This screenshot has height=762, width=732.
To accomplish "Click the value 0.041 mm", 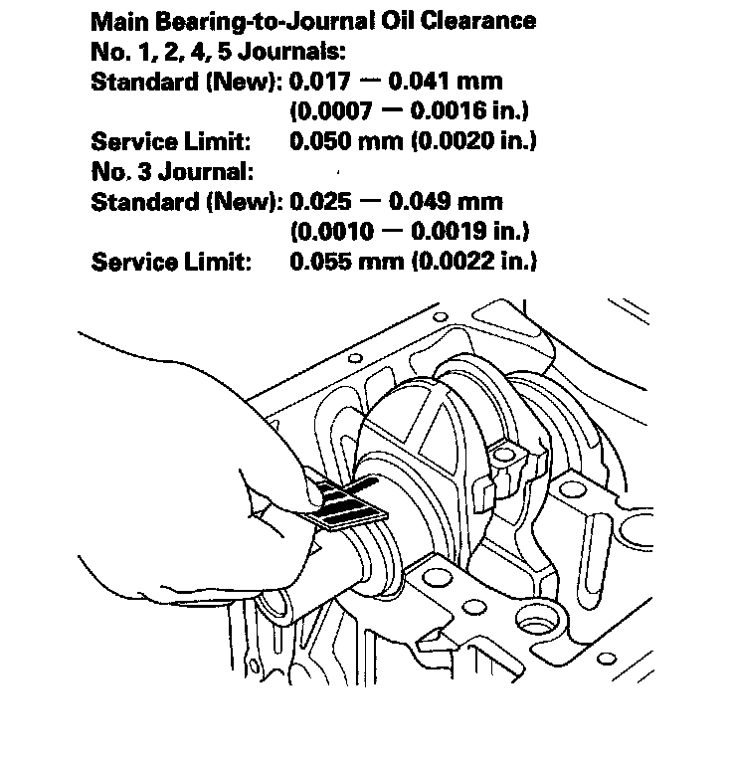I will point(447,81).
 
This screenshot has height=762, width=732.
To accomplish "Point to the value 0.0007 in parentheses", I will point(327,110).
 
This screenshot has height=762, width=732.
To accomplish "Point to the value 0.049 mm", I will point(447,201).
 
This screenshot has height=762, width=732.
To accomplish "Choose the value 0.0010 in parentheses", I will point(327,231).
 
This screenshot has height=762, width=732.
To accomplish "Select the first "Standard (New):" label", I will point(186,81).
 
